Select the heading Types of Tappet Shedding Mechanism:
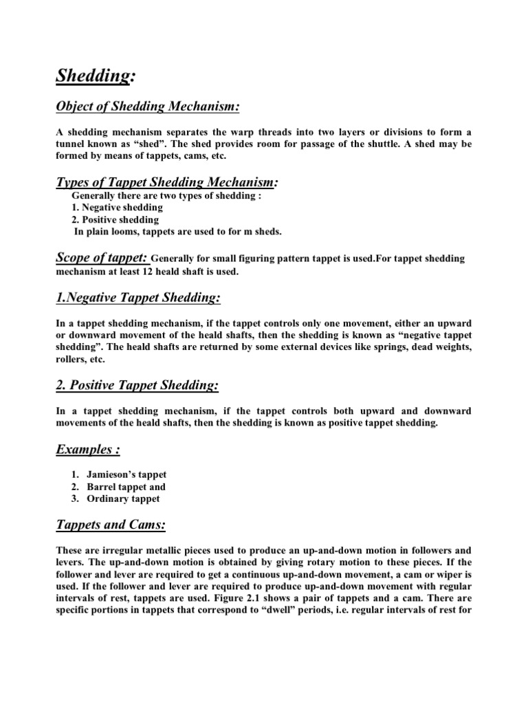(x=168, y=182)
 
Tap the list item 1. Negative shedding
(x=117, y=207)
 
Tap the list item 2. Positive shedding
(x=115, y=219)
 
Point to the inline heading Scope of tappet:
(x=102, y=258)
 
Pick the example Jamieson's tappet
(x=126, y=474)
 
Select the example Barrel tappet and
(x=126, y=487)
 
